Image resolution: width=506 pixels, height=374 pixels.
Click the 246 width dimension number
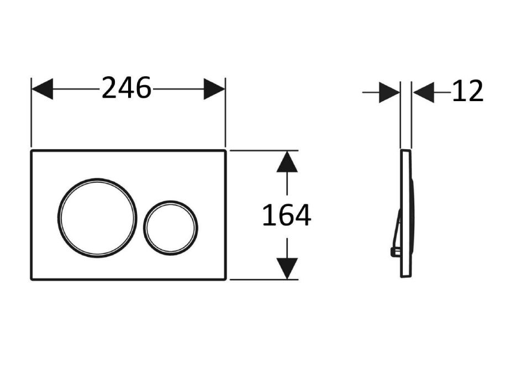click(x=126, y=88)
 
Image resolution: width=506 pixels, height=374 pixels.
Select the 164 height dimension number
click(x=287, y=215)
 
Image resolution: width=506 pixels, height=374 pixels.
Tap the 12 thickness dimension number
click(x=467, y=91)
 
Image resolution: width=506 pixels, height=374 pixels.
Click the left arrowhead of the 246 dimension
click(x=43, y=89)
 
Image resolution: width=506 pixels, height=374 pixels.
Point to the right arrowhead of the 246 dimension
click(x=214, y=89)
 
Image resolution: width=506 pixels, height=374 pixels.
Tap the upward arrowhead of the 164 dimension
click(x=287, y=162)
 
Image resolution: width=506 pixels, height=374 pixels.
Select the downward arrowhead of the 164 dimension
click(x=287, y=268)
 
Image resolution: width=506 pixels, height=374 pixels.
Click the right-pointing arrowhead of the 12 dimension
click(x=389, y=92)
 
